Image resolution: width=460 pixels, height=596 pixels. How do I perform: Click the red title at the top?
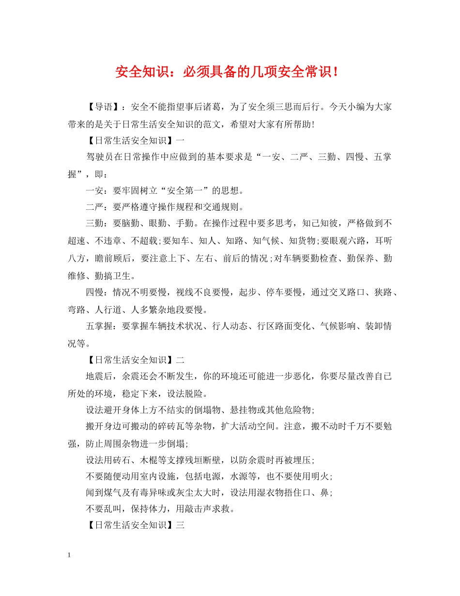tap(227, 72)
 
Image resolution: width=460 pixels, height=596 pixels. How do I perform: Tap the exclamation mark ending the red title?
tap(336, 72)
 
